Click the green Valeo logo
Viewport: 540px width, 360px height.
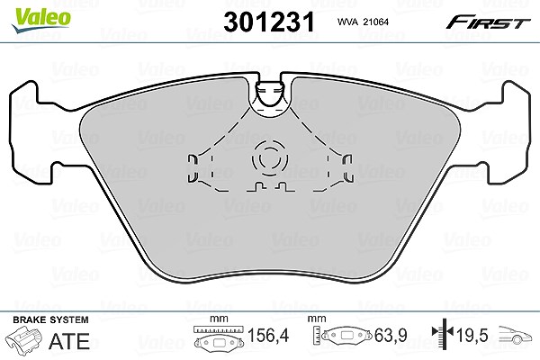pyautogui.click(x=41, y=20)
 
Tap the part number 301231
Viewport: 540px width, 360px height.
pyautogui.click(x=269, y=22)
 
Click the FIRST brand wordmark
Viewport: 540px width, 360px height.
pyautogui.click(x=489, y=22)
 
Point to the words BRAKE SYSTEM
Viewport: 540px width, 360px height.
pyautogui.click(x=50, y=319)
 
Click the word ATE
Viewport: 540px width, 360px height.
pyautogui.click(x=69, y=341)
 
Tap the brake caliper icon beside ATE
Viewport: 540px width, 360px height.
pyautogui.click(x=24, y=339)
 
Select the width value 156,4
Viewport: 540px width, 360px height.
pyautogui.click(x=268, y=335)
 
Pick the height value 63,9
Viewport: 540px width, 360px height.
pyautogui.click(x=391, y=335)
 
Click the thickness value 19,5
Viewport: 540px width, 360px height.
pyautogui.click(x=472, y=335)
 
